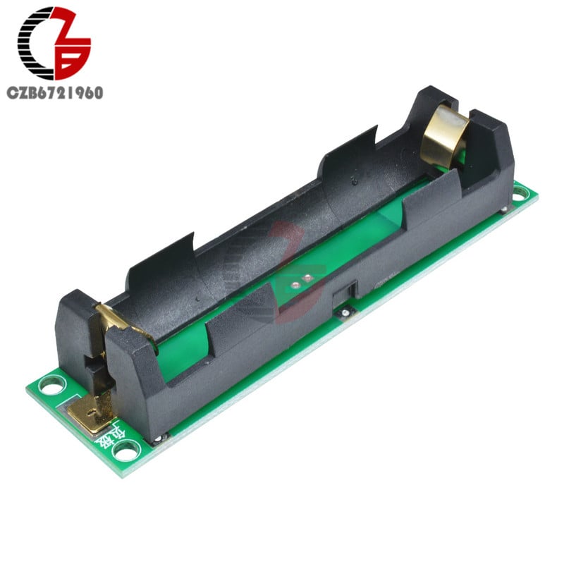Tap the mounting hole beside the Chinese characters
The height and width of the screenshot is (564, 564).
pos(126,449)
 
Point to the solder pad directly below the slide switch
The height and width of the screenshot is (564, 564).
pos(344,311)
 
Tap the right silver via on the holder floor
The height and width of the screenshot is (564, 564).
pos(307,277)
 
